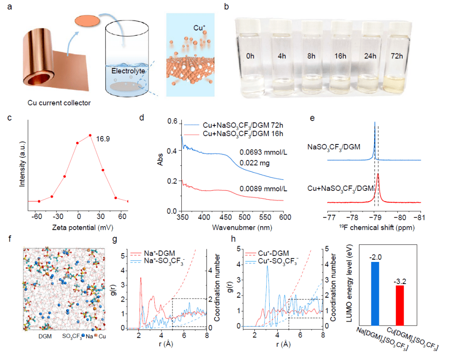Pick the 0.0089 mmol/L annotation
coord(262,189)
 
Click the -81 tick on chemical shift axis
coord(419,218)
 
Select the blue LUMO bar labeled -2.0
coord(375,293)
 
